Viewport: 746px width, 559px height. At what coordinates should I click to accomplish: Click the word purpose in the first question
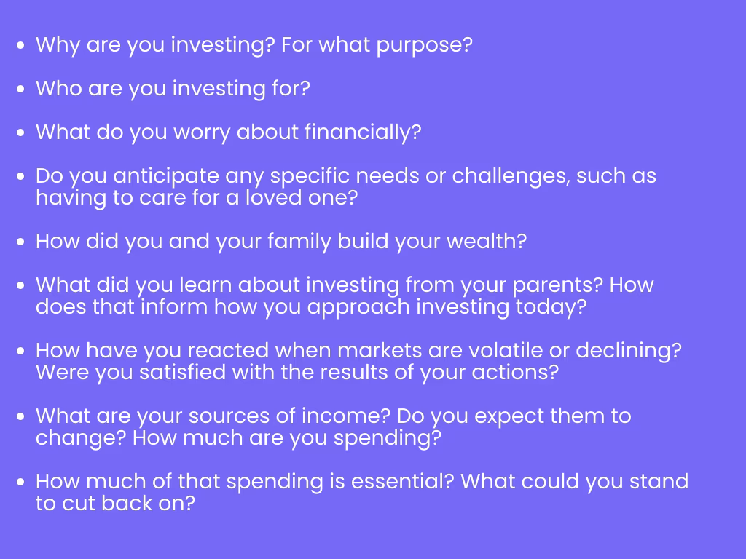(424, 46)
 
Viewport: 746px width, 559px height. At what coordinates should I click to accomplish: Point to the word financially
(363, 132)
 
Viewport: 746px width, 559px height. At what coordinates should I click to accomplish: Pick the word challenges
(511, 176)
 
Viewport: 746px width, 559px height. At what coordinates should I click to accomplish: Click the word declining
(629, 352)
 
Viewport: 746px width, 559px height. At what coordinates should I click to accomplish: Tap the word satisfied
(182, 372)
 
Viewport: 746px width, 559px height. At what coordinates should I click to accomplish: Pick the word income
(346, 416)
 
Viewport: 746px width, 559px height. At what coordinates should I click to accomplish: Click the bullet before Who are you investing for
(20, 89)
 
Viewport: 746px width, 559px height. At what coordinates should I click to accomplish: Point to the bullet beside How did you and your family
(20, 242)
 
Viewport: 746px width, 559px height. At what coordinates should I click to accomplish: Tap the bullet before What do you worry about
(20, 132)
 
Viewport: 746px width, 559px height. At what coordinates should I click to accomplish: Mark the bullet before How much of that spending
(20, 482)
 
